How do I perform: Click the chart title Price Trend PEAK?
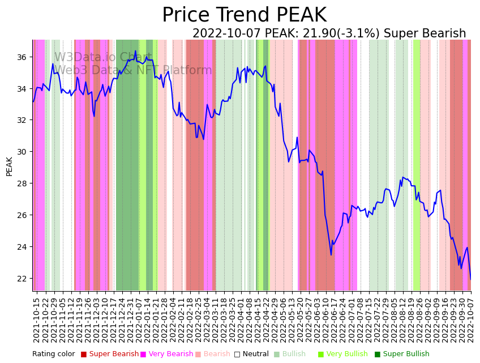point(244,15)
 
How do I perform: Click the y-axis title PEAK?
point(10,166)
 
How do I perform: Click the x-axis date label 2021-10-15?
point(37,320)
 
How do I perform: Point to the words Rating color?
point(53,355)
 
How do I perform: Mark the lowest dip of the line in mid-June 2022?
point(331,255)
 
